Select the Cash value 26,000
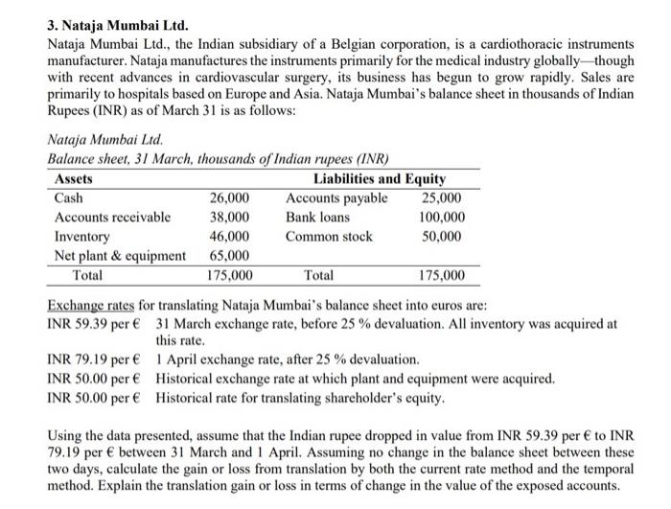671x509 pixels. click(230, 198)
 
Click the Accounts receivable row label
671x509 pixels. click(112, 217)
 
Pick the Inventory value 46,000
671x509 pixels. click(230, 236)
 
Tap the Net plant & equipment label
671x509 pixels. click(120, 255)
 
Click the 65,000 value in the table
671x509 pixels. click(230, 255)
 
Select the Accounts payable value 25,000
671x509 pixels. click(442, 198)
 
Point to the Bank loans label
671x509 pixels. click(317, 217)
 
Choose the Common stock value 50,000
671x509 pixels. click(442, 236)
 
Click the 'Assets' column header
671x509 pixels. click(74, 179)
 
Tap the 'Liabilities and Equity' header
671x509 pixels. click(380, 179)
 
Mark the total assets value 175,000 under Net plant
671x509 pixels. click(230, 276)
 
